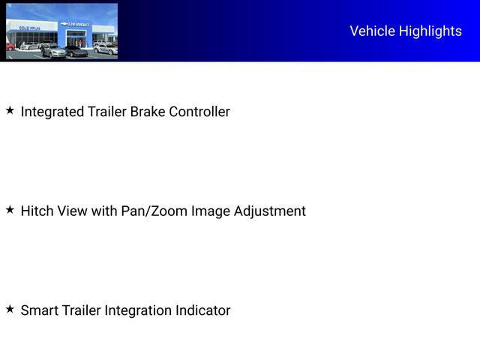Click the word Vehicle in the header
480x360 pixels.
[372, 31]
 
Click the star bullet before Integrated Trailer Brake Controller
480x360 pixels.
[10, 110]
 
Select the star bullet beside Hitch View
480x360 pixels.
[10, 209]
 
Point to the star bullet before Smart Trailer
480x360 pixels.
[10, 308]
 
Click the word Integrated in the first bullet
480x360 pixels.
[52, 112]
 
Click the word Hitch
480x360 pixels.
[37, 211]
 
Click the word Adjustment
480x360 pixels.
[270, 211]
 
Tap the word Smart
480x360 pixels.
[40, 310]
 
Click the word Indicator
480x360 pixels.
[202, 310]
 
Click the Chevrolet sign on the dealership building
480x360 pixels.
[76, 24]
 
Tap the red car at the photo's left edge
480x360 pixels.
[10, 46]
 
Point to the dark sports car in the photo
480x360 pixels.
[76, 51]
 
